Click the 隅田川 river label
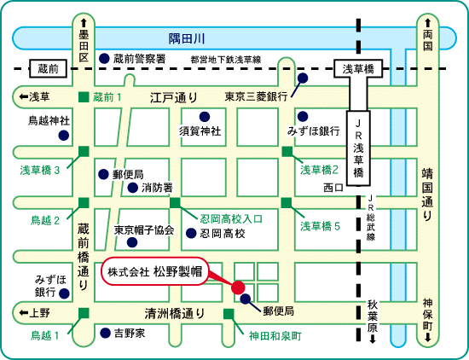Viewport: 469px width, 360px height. (187, 39)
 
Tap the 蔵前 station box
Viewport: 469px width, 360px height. (48, 68)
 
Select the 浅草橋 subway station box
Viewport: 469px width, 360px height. (358, 69)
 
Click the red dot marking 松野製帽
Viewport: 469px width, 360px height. (238, 287)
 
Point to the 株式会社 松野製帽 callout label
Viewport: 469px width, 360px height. (155, 272)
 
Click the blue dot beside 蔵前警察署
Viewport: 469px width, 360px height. (104, 58)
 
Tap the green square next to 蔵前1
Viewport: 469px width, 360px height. (84, 97)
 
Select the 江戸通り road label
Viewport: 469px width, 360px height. (174, 97)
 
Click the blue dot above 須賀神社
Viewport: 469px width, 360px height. (205, 116)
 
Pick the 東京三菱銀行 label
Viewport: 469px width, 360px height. (256, 96)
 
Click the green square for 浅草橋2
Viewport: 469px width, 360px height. (287, 151)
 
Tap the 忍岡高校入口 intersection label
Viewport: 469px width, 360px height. (231, 219)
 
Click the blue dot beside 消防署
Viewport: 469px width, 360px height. (133, 188)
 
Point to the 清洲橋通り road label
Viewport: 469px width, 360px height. (175, 313)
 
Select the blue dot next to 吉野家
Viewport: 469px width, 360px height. (105, 333)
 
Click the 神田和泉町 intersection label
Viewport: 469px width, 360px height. (275, 336)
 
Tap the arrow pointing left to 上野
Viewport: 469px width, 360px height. (23, 313)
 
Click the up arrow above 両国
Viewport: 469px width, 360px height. (428, 23)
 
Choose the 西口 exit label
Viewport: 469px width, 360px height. (333, 188)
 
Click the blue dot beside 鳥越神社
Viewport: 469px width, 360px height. (63, 136)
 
